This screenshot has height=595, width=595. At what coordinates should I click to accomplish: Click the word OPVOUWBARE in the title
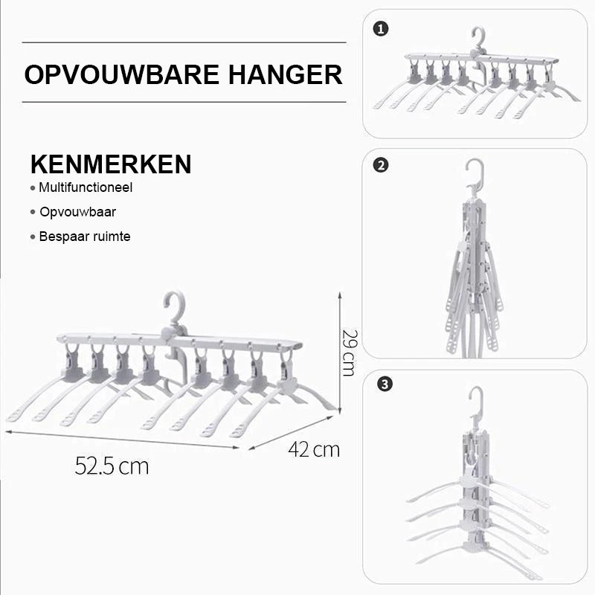click(120, 74)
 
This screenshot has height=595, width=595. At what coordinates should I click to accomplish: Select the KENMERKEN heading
click(110, 164)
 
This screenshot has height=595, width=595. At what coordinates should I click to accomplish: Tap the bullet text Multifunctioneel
click(85, 188)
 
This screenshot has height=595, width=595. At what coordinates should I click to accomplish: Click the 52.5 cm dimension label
click(112, 466)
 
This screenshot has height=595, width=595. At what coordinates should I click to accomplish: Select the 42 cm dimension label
click(314, 449)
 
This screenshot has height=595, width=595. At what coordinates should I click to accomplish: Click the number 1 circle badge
click(382, 30)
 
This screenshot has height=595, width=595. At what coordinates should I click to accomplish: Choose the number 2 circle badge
click(382, 166)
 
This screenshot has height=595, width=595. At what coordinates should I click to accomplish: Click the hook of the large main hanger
click(174, 305)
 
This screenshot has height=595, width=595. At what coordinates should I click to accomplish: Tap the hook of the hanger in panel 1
click(478, 37)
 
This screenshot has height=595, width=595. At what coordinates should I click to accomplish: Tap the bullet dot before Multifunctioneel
click(33, 189)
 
